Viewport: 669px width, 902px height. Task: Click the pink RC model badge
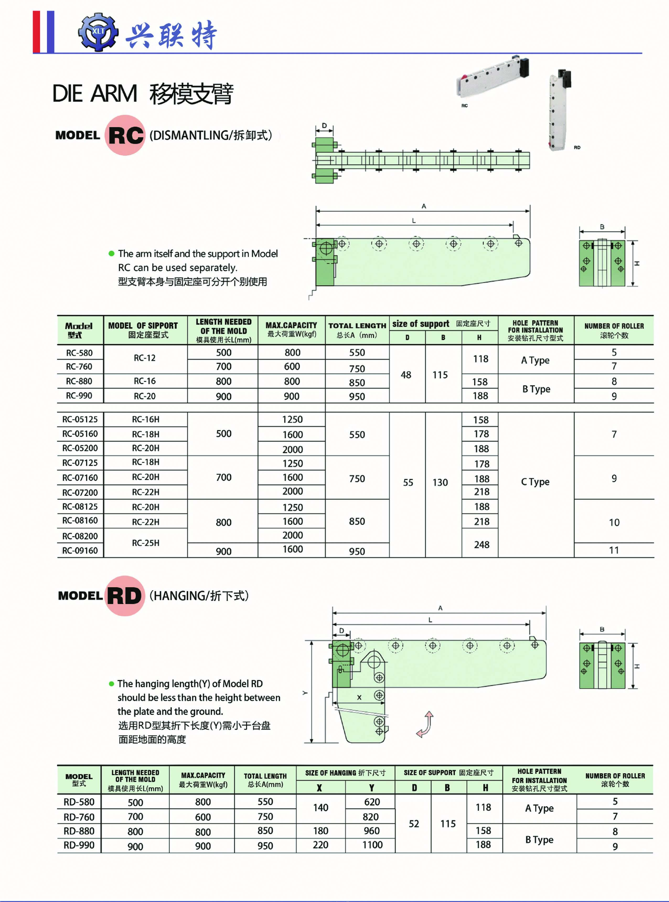[125, 135]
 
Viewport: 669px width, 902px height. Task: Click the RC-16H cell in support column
[145, 419]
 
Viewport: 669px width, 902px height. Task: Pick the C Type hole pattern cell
[535, 482]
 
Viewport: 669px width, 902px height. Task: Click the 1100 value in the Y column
[372, 845]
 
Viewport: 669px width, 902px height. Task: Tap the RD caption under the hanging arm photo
[577, 147]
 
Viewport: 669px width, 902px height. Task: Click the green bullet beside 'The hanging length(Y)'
[112, 684]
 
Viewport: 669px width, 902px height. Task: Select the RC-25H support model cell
[145, 542]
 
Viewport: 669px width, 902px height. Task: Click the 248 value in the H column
[481, 545]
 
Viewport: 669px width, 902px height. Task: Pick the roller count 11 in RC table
[614, 550]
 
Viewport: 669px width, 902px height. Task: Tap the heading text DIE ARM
[95, 94]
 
